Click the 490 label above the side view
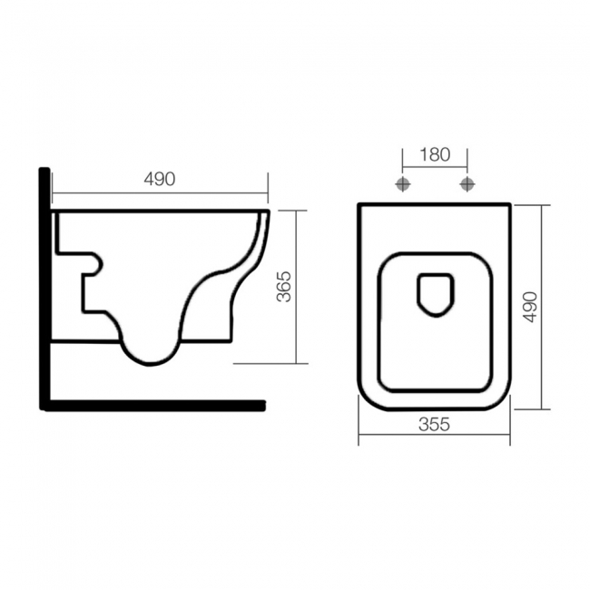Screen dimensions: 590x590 [x=159, y=179]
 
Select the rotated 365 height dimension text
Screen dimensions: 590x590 [x=284, y=286]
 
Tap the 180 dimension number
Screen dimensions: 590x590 [x=435, y=154]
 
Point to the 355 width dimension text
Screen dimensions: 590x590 [x=435, y=425]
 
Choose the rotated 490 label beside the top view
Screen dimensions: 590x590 [x=530, y=308]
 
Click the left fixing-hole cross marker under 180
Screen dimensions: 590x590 [x=403, y=184]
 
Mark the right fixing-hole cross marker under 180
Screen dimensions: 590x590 [x=467, y=184]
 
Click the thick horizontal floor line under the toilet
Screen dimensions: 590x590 [x=154, y=405]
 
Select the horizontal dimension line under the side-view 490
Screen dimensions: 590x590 [x=159, y=192]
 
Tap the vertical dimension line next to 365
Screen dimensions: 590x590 [x=298, y=286]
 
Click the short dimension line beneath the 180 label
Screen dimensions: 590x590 [x=435, y=168]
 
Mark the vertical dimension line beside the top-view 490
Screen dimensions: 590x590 [x=543, y=308]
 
